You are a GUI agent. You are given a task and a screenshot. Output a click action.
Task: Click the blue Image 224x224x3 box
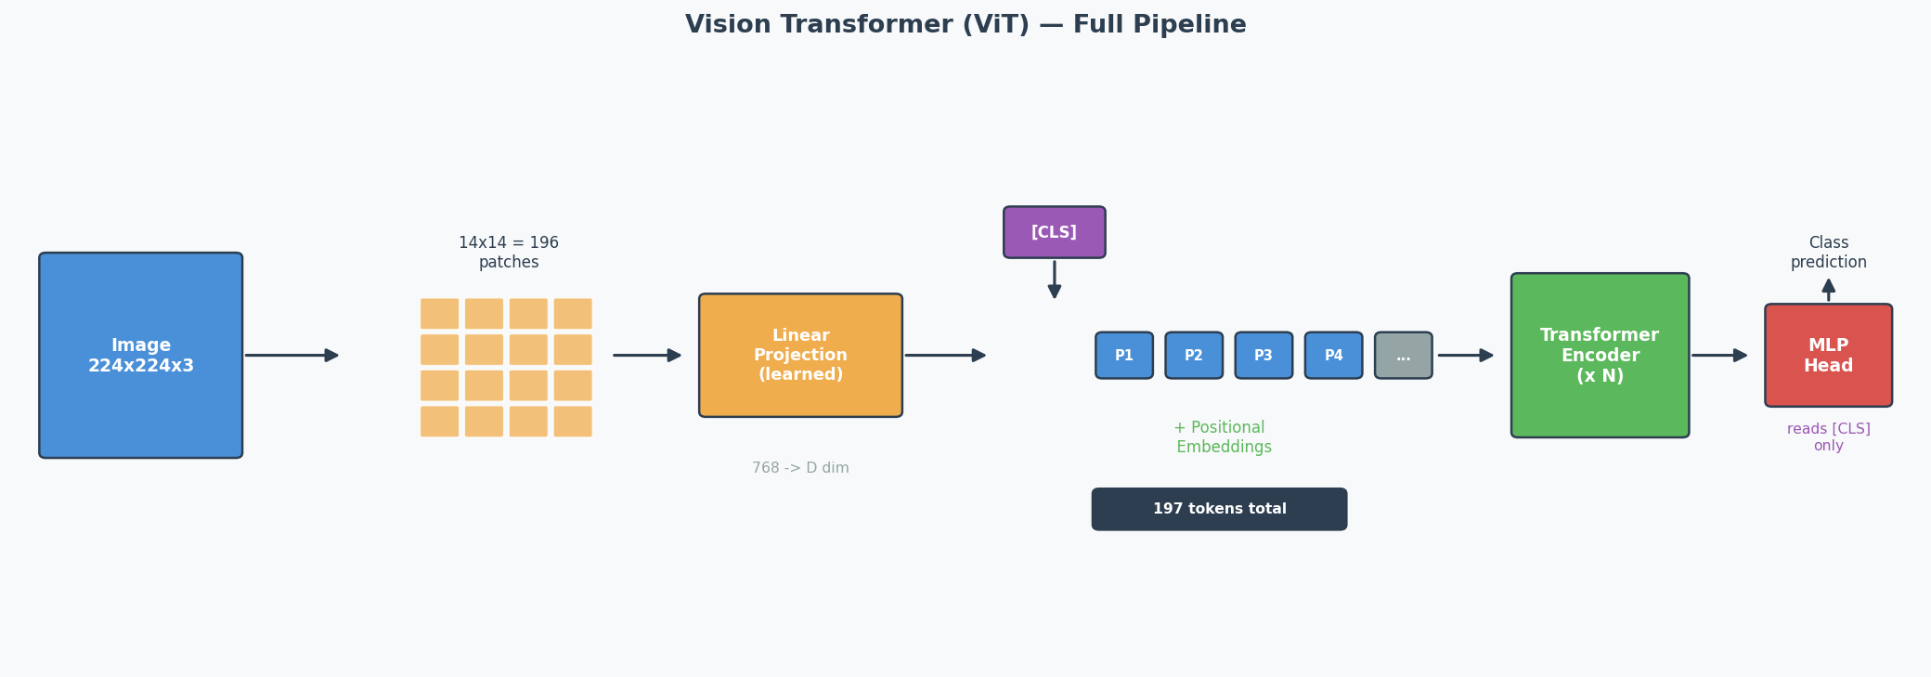tap(140, 355)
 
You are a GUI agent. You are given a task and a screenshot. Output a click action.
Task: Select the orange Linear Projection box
tap(800, 355)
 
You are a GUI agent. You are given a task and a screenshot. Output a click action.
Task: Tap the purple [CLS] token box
tap(1054, 232)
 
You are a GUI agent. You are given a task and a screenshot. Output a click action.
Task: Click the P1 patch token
tap(1123, 355)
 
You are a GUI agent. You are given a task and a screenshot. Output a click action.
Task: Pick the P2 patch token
tap(1193, 355)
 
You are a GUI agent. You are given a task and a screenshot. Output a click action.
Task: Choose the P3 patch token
tap(1263, 355)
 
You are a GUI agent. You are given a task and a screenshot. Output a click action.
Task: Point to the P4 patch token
tap(1333, 355)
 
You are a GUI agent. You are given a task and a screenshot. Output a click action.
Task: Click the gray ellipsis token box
tap(1403, 355)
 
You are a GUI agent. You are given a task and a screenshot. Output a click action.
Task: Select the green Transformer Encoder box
tap(1600, 355)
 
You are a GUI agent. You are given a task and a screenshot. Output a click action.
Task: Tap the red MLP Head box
tap(1828, 355)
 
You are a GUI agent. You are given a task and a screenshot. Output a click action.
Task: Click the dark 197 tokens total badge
tap(1219, 509)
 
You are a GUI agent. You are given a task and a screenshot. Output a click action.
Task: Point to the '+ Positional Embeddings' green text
tap(1221, 437)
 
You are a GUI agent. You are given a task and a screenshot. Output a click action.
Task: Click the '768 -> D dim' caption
tap(800, 468)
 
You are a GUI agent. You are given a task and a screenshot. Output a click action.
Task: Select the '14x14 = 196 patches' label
tap(509, 253)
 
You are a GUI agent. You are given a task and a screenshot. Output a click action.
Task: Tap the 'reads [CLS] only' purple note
tap(1828, 437)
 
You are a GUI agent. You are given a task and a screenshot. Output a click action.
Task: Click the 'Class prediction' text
tap(1828, 253)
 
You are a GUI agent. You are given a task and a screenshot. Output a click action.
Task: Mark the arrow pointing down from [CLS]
tap(1054, 279)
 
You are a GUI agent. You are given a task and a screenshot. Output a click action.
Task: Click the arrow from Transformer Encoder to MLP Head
tap(1718, 355)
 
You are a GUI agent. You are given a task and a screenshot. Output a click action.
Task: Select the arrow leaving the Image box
tap(292, 355)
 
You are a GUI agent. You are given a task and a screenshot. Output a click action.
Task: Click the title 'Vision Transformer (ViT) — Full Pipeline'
tap(965, 25)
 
